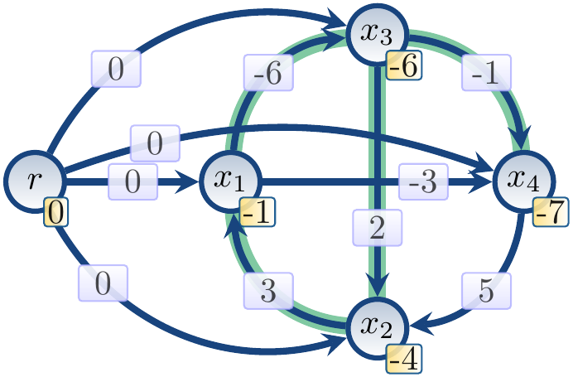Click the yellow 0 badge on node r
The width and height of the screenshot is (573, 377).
[x=55, y=213]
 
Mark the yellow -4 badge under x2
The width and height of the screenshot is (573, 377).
[x=405, y=358]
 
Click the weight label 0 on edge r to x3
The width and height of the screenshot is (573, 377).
[x=115, y=70]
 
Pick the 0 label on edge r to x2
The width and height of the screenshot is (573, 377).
[x=102, y=284]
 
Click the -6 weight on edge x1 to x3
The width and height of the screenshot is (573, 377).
[x=268, y=73]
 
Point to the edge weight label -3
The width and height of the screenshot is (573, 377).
[x=423, y=181]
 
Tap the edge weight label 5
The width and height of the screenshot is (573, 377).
[x=487, y=290]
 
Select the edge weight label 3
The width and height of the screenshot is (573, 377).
[x=269, y=291]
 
